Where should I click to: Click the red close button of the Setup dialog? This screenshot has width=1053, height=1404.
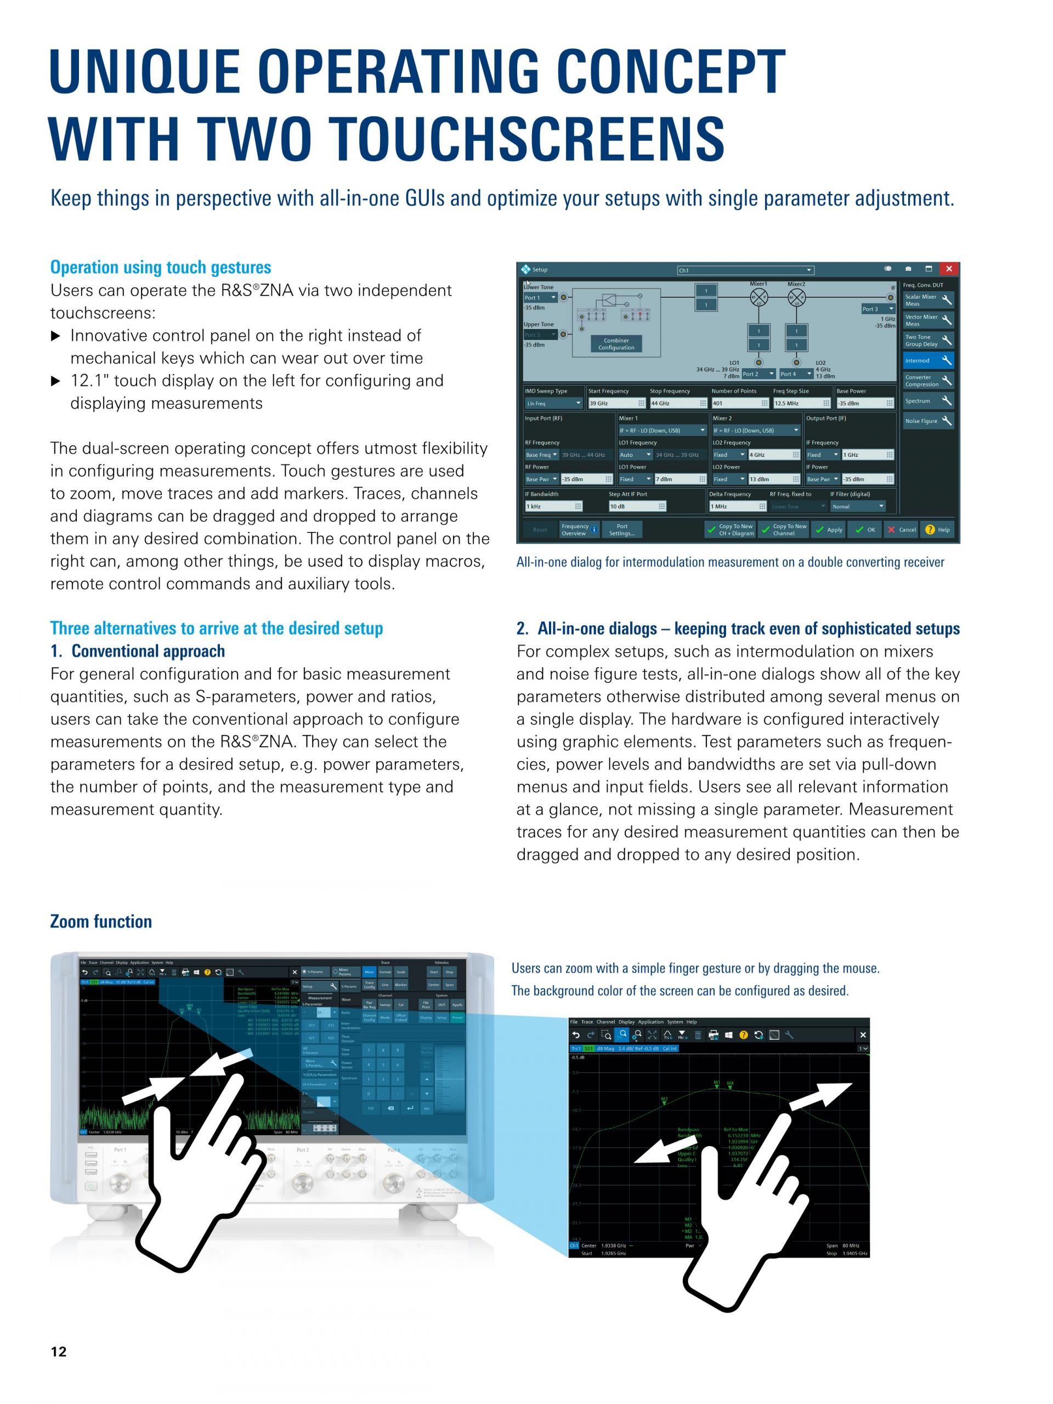click(x=948, y=269)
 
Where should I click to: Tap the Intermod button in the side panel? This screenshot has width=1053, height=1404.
click(x=928, y=360)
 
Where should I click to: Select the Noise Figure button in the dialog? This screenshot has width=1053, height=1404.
click(x=928, y=421)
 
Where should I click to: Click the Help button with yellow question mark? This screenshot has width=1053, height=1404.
click(x=937, y=530)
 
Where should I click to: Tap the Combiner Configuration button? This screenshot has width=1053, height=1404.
click(x=616, y=344)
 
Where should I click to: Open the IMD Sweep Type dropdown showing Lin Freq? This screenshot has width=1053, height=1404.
click(x=553, y=404)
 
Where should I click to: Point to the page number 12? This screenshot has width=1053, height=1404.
click(x=58, y=1352)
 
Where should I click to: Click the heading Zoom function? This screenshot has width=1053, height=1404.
click(x=101, y=921)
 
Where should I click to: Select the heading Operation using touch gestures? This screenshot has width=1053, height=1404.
click(x=161, y=267)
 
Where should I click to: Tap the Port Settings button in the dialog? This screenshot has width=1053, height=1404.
click(x=621, y=530)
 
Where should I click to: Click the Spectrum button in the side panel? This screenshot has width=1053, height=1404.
click(x=928, y=401)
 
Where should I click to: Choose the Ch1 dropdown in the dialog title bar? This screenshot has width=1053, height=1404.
click(x=745, y=270)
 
